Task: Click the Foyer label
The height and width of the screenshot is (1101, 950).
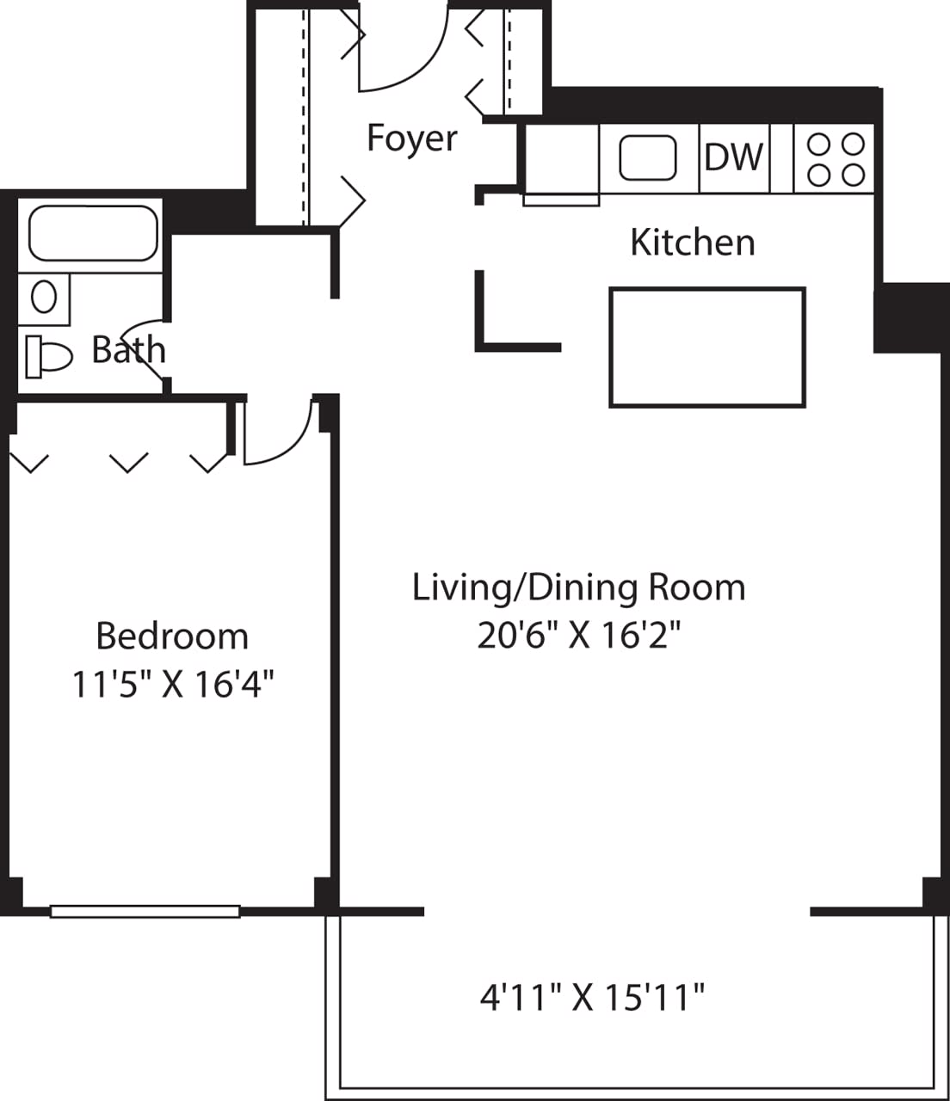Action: click(x=411, y=138)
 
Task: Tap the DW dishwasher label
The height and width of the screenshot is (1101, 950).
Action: click(x=733, y=157)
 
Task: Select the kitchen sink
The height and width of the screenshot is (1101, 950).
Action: click(x=647, y=158)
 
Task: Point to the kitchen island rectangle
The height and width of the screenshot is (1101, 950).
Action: click(x=706, y=347)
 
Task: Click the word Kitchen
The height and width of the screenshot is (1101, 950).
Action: click(x=692, y=243)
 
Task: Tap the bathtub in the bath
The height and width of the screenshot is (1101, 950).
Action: click(x=93, y=232)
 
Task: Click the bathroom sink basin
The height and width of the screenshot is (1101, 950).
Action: click(x=44, y=298)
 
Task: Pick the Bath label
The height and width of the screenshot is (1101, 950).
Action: click(x=128, y=350)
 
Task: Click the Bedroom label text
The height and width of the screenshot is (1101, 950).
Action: click(x=172, y=637)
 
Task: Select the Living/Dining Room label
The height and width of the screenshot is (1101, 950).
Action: click(x=578, y=587)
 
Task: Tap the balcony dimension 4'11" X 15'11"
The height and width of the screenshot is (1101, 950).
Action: click(x=592, y=999)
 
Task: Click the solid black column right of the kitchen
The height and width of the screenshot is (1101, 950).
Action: click(x=910, y=318)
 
